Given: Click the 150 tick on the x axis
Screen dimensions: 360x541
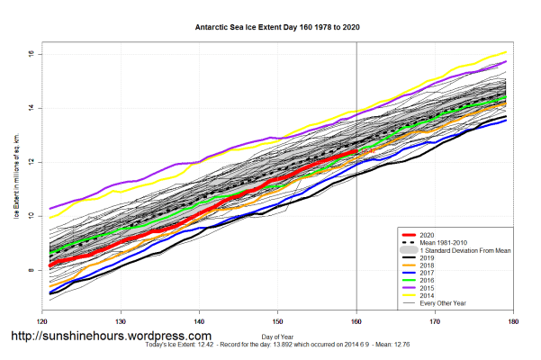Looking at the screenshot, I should tap(278, 320).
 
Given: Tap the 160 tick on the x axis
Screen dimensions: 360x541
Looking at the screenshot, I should tap(356, 320).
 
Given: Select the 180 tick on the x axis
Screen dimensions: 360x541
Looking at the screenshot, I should tap(514, 320).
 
